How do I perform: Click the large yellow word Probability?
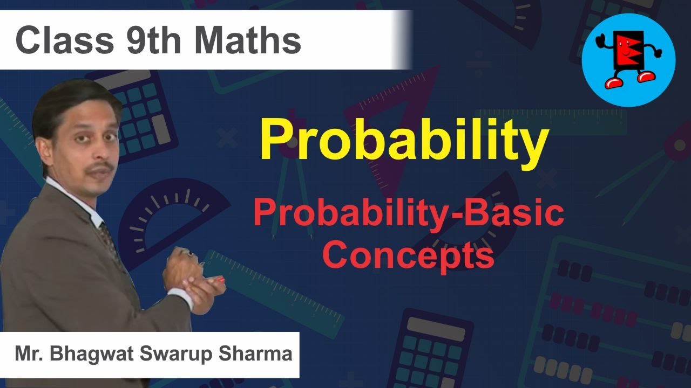[x=404, y=141]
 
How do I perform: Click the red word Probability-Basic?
[x=409, y=214]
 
